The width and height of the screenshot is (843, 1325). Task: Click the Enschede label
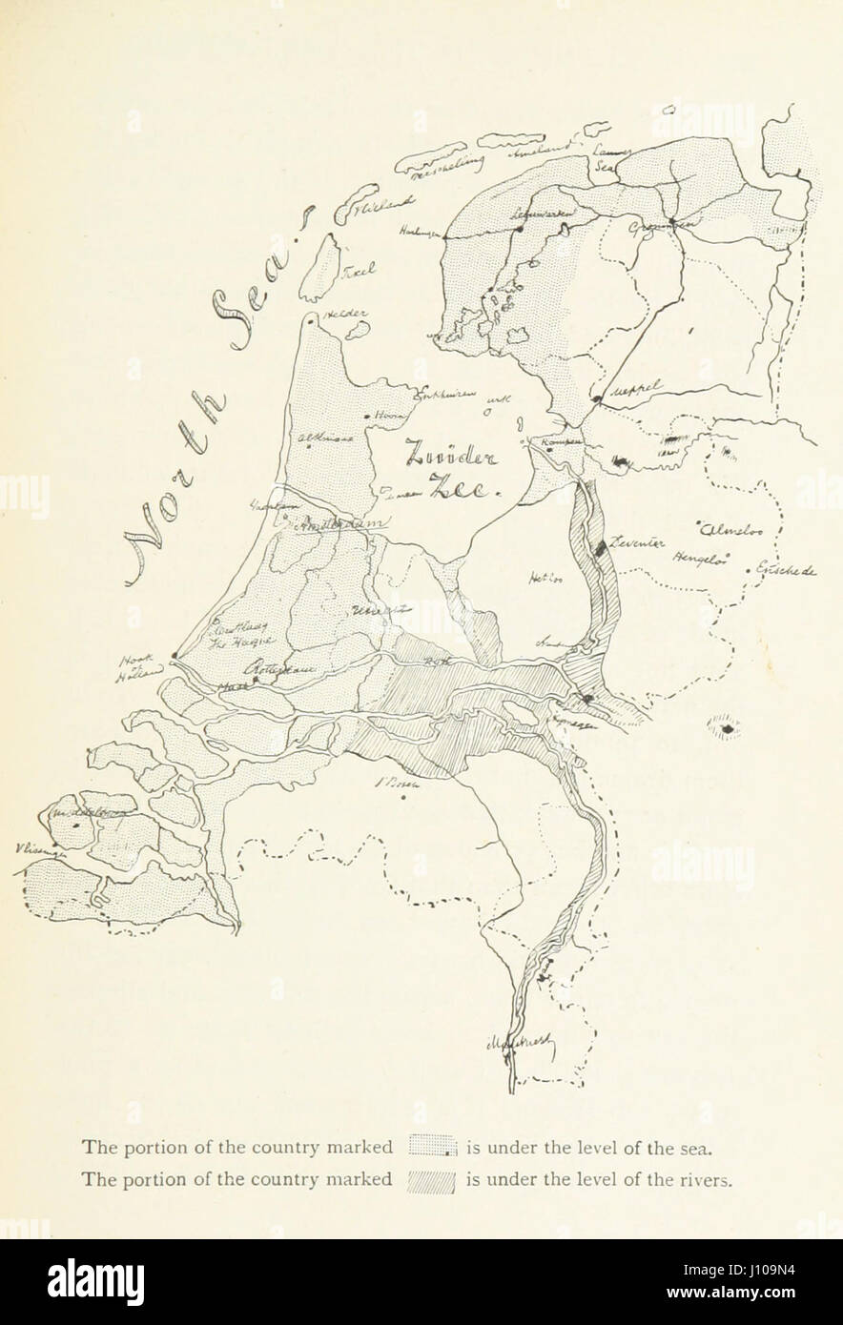[786, 571]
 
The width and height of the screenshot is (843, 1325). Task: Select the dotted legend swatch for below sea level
[434, 1145]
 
